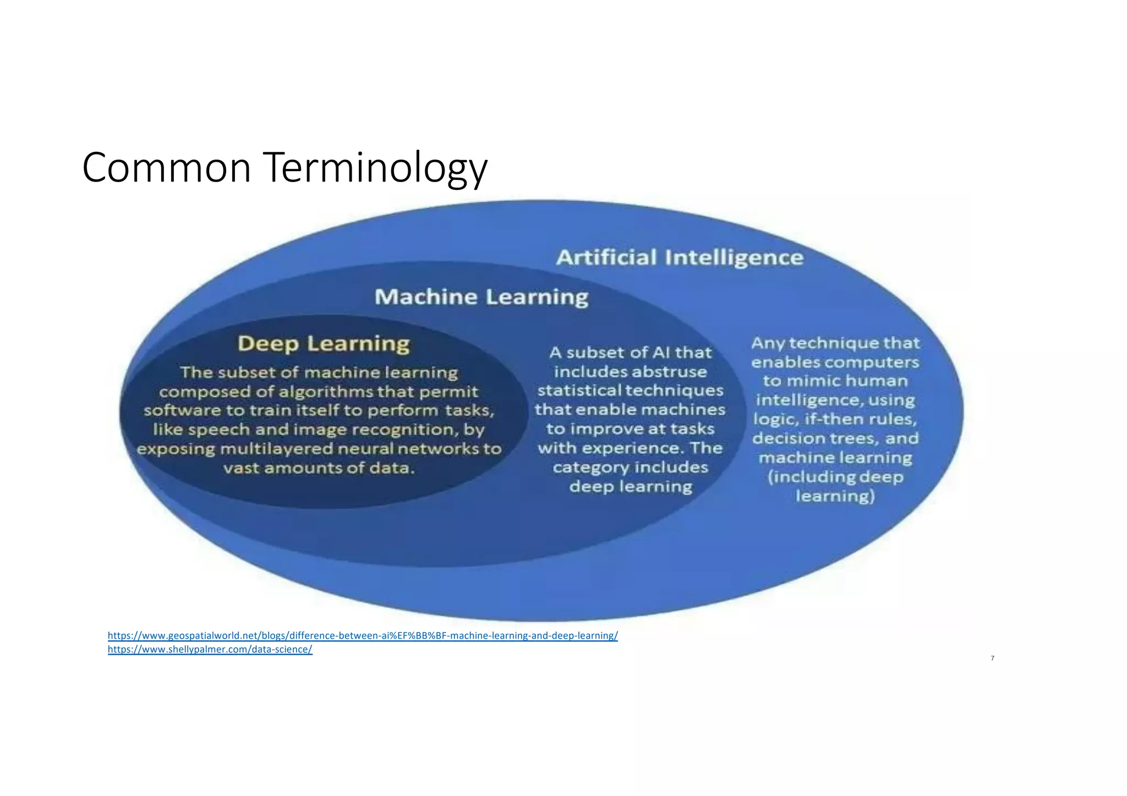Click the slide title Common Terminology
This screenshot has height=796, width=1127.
click(x=285, y=167)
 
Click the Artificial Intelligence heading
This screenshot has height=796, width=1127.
click(x=680, y=257)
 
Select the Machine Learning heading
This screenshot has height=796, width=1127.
click(x=482, y=297)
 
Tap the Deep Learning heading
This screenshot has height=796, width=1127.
click(x=324, y=343)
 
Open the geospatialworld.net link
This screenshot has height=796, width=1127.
click(x=363, y=636)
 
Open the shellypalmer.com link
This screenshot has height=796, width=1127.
click(x=210, y=650)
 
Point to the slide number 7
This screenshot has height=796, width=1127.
click(x=992, y=658)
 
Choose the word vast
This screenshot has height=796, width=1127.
click(x=240, y=468)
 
